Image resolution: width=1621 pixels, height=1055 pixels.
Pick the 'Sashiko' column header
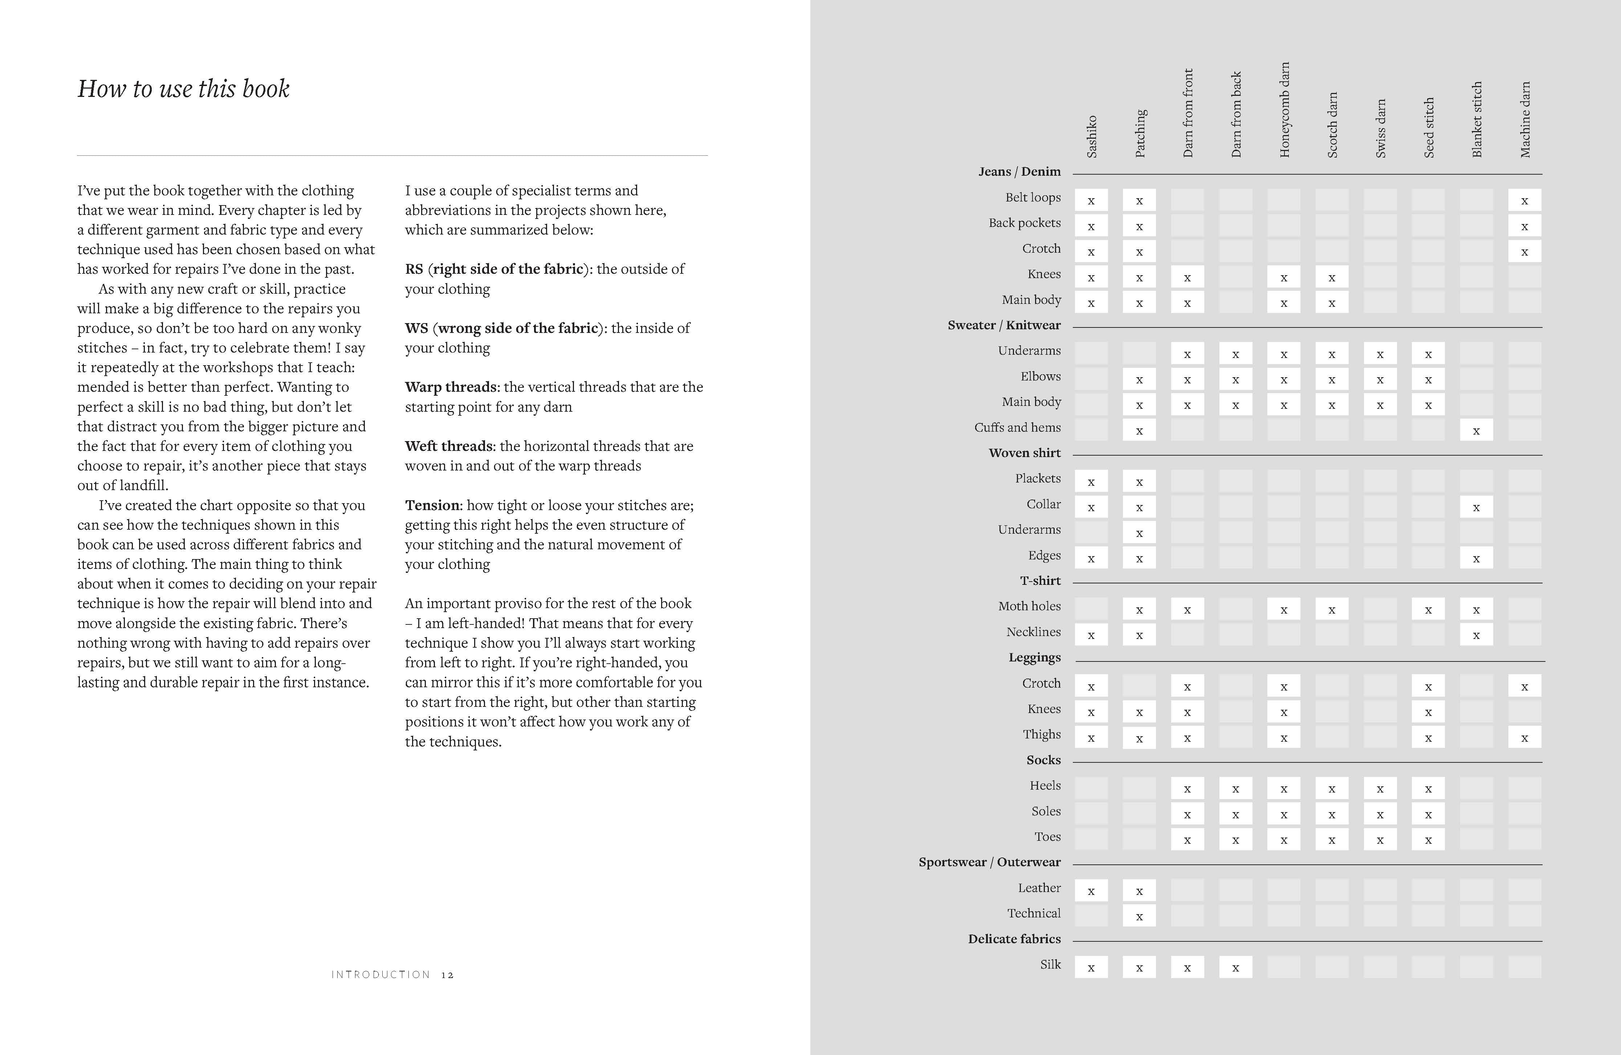tap(1092, 136)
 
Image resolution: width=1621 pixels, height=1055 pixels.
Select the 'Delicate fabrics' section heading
tap(1014, 938)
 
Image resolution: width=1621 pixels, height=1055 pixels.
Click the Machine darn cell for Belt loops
tap(1524, 200)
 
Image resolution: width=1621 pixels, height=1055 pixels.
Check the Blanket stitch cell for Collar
tap(1476, 507)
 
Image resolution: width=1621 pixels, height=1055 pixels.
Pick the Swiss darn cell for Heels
tap(1380, 789)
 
